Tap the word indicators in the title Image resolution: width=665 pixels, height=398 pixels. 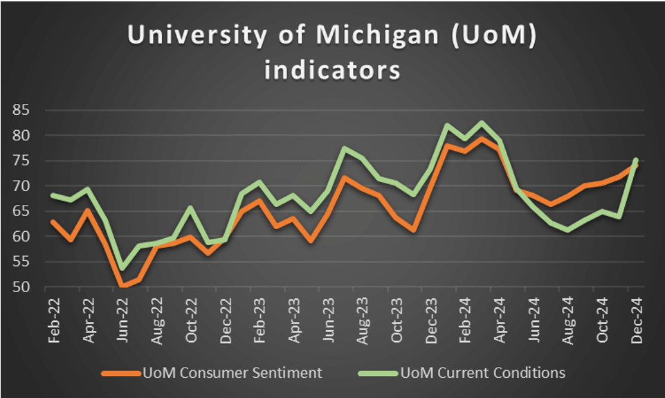click(x=331, y=71)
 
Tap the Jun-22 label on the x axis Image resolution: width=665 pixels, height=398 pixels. click(x=122, y=318)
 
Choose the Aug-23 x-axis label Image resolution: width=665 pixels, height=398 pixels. click(x=362, y=318)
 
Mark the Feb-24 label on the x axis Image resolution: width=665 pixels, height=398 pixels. click(x=464, y=318)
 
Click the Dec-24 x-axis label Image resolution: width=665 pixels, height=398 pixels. click(x=635, y=318)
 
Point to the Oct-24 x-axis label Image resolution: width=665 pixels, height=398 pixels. click(x=601, y=318)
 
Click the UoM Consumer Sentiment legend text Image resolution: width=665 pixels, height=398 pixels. click(x=232, y=373)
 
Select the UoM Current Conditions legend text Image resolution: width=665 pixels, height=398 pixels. click(x=483, y=373)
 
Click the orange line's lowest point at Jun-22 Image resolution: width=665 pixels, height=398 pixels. click(x=123, y=285)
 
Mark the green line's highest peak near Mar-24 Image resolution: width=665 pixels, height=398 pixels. click(x=482, y=123)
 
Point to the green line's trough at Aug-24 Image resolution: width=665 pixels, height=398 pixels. click(x=567, y=230)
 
